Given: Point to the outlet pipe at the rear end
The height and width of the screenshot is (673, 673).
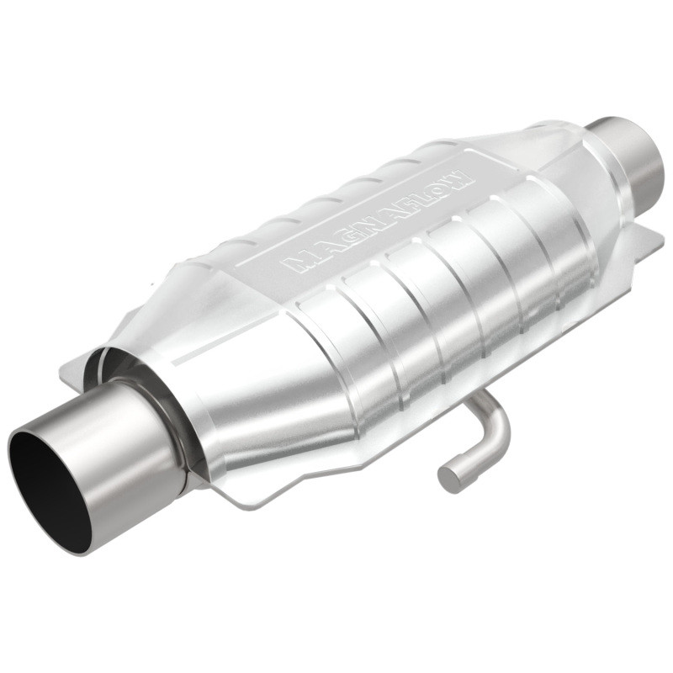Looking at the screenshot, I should click(x=635, y=156).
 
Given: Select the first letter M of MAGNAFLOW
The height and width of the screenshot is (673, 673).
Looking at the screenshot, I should click(x=299, y=262).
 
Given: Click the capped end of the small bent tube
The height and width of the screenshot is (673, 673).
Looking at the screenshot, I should click(x=448, y=478).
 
